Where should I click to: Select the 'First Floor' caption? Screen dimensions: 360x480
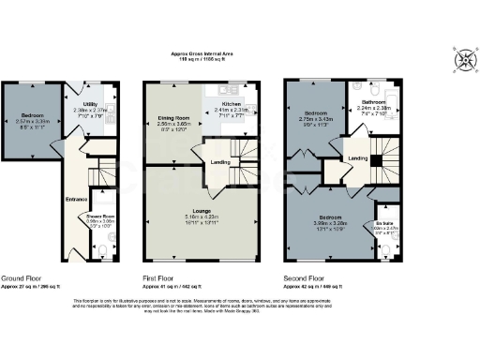coord(161,278)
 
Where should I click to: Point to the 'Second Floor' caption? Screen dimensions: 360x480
coord(306,278)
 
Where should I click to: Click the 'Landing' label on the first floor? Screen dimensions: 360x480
coord(221,163)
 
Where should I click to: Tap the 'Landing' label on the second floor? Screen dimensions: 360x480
coord(357,157)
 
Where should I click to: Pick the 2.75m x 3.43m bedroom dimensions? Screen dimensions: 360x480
coord(316,120)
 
